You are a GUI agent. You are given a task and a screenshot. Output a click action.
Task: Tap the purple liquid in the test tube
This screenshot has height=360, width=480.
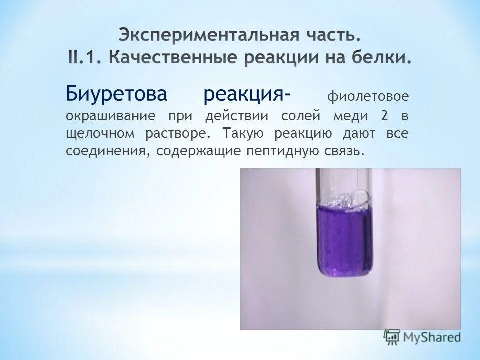(344, 240)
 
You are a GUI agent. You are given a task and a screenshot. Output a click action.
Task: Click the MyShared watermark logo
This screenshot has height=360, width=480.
(422, 337)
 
